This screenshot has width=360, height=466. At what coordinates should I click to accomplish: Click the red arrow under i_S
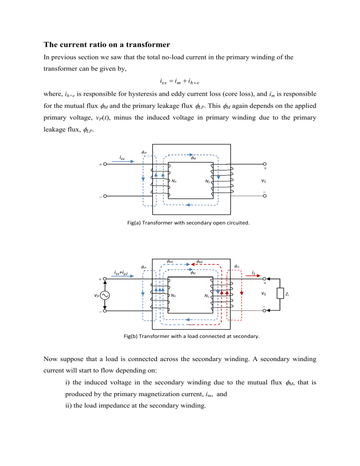[253, 277]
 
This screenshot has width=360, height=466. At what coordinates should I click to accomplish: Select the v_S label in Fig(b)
[265, 293]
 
